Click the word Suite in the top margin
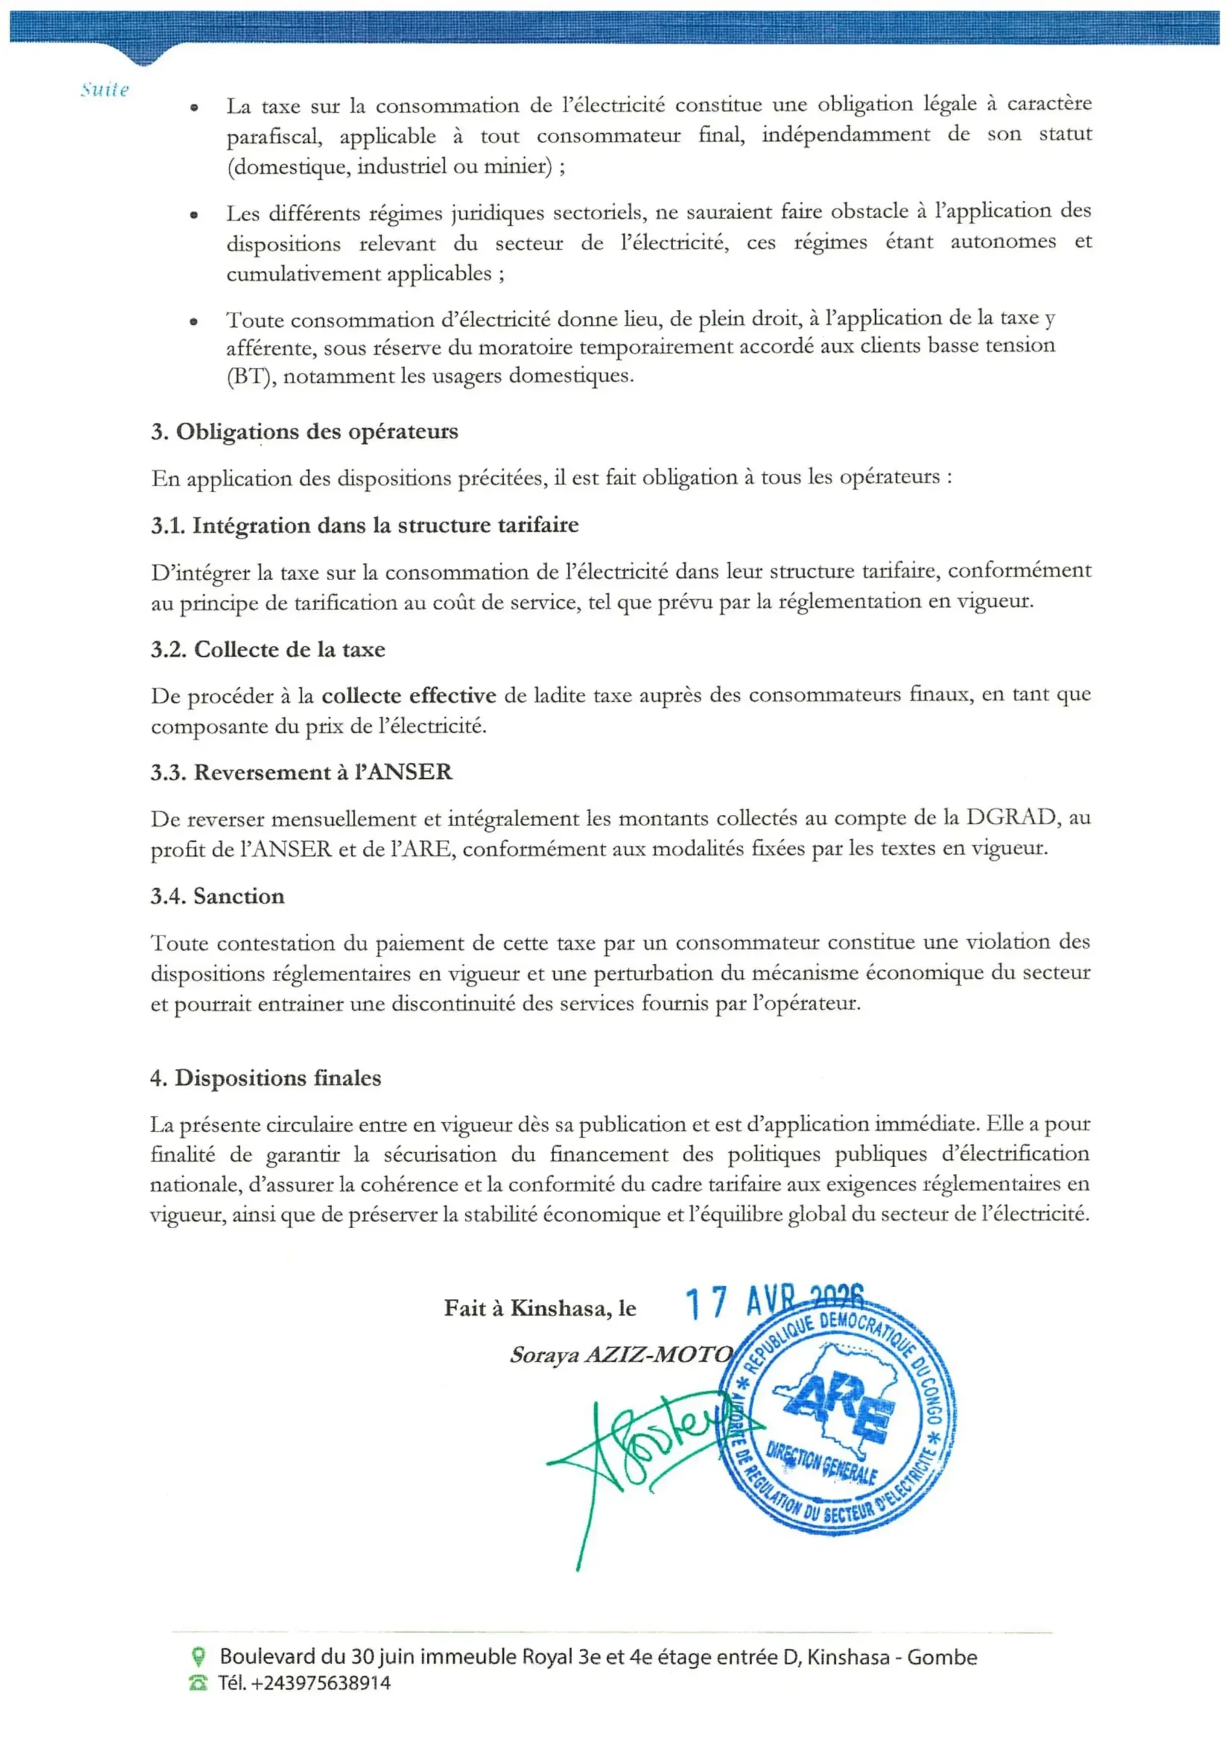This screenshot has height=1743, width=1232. [x=105, y=90]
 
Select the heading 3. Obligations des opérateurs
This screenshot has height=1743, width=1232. [x=304, y=431]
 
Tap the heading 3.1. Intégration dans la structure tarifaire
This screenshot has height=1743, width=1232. [x=364, y=526]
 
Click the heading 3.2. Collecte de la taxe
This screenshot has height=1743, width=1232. [x=268, y=649]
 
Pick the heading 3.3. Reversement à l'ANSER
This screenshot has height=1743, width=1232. [x=302, y=772]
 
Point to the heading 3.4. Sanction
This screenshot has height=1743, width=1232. [x=217, y=896]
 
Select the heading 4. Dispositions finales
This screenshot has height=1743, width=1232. [x=265, y=1078]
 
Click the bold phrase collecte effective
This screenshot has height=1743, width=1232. [x=408, y=695]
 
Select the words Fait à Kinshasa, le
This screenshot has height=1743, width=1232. [x=540, y=1308]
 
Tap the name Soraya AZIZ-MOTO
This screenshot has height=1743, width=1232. [x=621, y=1354]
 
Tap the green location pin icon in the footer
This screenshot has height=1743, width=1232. [x=198, y=1655]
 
